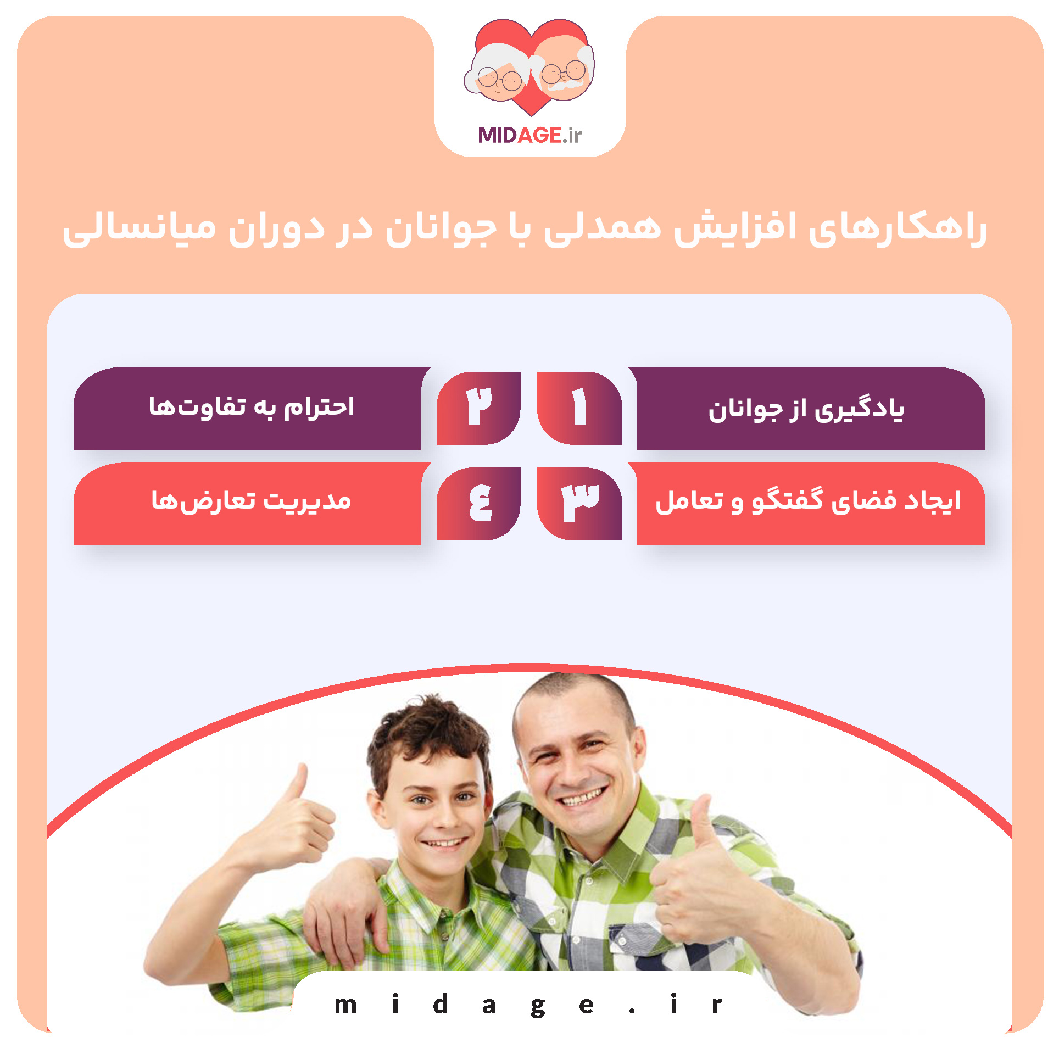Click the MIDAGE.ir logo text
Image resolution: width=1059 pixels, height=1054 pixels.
point(529,135)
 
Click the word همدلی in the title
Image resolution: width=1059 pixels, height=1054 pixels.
point(602,228)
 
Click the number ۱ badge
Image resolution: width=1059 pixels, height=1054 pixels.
point(579,408)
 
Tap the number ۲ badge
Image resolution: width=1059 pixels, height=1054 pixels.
point(478,408)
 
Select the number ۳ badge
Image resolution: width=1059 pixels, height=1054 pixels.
point(579,503)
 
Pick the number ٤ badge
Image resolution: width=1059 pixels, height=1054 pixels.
point(478,503)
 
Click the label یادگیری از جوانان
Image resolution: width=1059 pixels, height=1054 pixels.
point(806,409)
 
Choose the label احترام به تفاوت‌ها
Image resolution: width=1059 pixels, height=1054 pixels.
point(252,407)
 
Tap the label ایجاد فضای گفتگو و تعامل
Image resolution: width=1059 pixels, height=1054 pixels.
point(808,501)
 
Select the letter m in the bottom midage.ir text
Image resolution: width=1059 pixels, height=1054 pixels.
point(346,1005)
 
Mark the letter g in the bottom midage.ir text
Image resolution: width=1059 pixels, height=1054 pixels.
point(538,1006)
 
